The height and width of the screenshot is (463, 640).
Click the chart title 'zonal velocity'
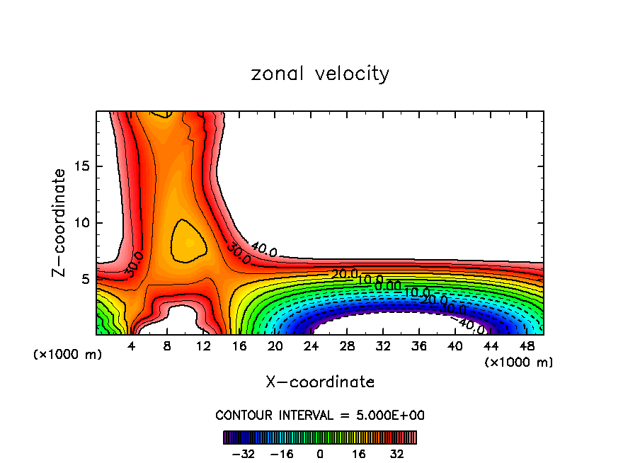pos(320,74)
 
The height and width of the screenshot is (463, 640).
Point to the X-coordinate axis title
pos(320,382)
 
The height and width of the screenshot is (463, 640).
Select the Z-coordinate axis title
pos(59,222)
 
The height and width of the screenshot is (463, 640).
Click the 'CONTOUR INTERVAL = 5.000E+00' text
pos(320,415)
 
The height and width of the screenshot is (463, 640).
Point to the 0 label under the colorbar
pos(320,452)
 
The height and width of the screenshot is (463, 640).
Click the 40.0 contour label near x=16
pos(264,249)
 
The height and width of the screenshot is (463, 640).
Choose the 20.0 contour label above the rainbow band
pos(345,274)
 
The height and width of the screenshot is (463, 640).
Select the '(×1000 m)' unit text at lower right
pos(519,362)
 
